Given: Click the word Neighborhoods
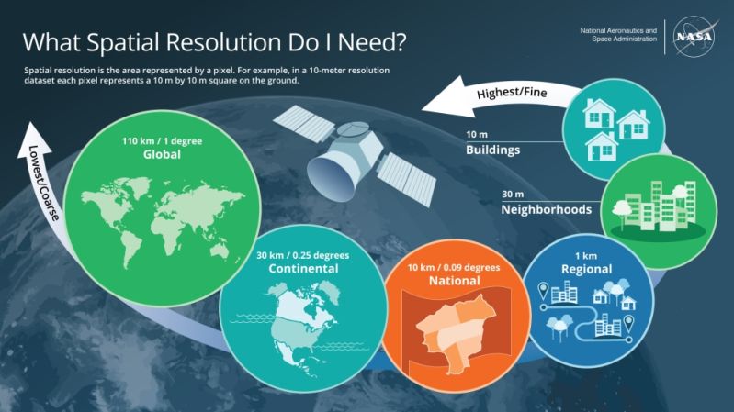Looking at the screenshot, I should point(543,209).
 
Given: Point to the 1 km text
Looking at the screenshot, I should point(586,255).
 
